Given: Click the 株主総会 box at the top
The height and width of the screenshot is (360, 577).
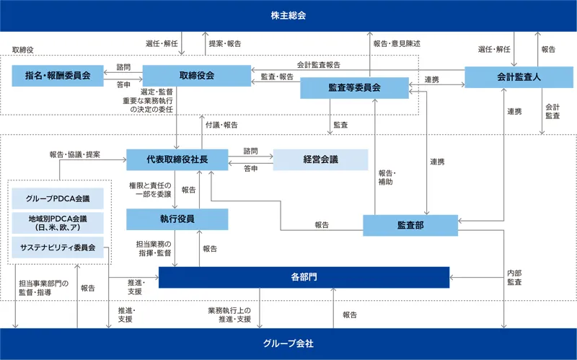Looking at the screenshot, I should [x=288, y=15].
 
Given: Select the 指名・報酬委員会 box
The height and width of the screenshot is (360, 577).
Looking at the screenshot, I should [x=58, y=76].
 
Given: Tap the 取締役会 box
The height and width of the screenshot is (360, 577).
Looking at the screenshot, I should [x=195, y=76].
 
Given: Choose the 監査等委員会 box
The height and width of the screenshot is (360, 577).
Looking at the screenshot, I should [x=353, y=87].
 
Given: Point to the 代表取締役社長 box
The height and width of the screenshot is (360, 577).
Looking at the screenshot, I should [x=177, y=159].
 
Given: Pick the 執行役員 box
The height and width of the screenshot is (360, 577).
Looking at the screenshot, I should [x=177, y=219].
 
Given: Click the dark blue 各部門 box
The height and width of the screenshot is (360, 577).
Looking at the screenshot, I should [x=303, y=277].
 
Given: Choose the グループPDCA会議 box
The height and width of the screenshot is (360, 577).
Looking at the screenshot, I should [x=58, y=198].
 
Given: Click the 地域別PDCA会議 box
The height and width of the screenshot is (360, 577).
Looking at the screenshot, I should [x=58, y=222].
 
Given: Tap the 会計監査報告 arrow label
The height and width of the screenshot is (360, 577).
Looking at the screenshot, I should [x=318, y=65].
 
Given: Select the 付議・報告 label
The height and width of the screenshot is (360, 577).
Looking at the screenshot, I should [x=221, y=125].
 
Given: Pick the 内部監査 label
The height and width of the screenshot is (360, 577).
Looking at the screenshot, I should [x=514, y=277].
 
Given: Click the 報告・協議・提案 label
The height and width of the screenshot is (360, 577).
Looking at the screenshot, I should [x=75, y=154].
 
